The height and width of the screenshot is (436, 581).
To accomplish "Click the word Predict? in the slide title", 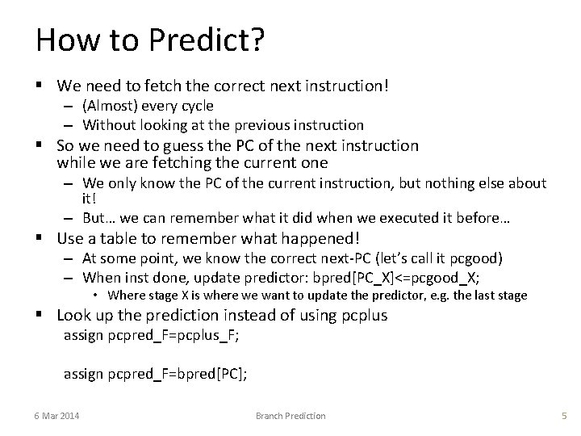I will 203,40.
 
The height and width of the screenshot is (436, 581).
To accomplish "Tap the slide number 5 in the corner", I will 564,415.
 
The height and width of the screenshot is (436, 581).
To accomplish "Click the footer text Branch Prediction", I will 290,415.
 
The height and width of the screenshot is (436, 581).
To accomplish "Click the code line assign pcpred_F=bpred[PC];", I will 155,373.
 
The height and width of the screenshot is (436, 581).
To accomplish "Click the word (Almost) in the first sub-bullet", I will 109,106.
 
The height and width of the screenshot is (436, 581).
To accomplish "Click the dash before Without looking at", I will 70,124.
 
